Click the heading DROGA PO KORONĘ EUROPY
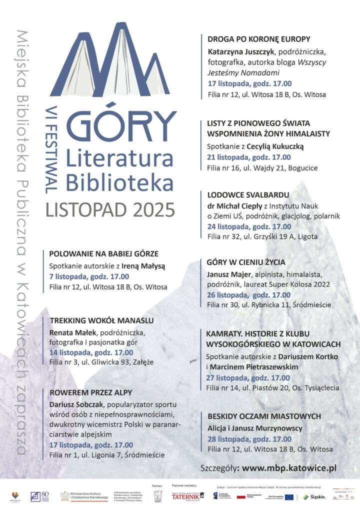point(258,39)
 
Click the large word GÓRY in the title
point(121,126)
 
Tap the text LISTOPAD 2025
point(110,207)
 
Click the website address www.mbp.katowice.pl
point(288,468)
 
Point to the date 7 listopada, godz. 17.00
point(89,276)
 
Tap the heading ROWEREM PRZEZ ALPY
point(90,392)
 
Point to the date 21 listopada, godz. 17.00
point(248,157)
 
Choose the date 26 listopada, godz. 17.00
point(248,294)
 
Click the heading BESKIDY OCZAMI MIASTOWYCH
point(263,416)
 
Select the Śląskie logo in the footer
point(314,496)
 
